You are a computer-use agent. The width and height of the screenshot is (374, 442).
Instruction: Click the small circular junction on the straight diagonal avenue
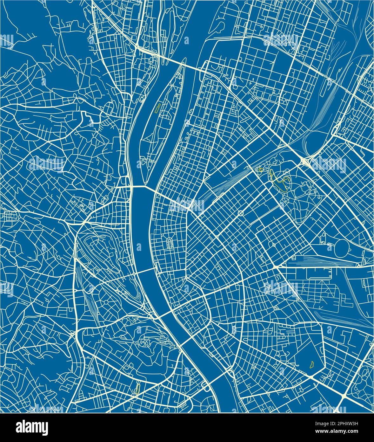pyautogui.click(x=240, y=213)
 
